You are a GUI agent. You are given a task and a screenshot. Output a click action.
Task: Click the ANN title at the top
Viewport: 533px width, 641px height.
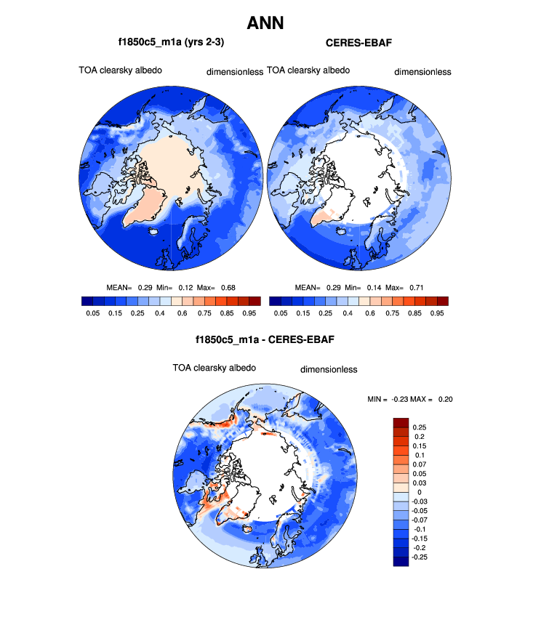(x=265, y=23)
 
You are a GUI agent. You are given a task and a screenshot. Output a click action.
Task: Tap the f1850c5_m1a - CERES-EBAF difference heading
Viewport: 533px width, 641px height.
(x=265, y=339)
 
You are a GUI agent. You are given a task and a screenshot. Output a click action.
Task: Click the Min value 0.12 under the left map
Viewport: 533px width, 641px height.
(x=183, y=287)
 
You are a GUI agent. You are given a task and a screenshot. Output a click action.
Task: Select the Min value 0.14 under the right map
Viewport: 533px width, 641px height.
(x=371, y=287)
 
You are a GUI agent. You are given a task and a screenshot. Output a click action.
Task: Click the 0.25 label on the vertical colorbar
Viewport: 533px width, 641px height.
(x=419, y=427)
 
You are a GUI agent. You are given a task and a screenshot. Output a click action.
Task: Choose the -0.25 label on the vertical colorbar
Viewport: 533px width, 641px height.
(x=420, y=556)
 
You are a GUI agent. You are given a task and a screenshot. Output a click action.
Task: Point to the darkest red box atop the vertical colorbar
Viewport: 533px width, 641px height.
(x=401, y=422)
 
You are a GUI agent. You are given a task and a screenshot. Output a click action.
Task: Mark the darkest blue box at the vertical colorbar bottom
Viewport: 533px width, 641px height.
(x=401, y=560)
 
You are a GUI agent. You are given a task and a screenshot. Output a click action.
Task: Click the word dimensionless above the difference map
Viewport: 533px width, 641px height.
(x=329, y=369)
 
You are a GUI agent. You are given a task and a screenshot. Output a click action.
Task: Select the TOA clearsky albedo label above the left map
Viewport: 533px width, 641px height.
(x=120, y=70)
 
